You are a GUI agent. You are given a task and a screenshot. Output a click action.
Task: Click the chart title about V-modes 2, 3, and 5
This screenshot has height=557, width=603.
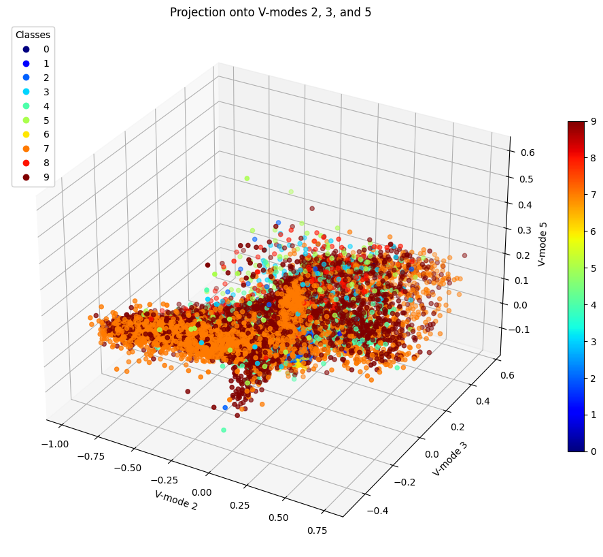pyautogui.click(x=271, y=12)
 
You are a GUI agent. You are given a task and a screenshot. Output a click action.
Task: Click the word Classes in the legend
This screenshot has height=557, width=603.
pyautogui.click(x=33, y=35)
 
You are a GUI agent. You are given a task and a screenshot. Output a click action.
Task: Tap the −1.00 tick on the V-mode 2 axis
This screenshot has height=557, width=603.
pyautogui.click(x=54, y=444)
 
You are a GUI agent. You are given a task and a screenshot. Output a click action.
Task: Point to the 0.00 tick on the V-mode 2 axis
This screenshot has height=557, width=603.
pyautogui.click(x=201, y=492)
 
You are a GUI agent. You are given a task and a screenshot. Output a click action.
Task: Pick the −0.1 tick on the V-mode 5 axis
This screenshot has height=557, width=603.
pyautogui.click(x=516, y=330)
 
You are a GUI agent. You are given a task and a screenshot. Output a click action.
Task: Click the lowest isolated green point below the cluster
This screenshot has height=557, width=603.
pyautogui.click(x=224, y=430)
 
